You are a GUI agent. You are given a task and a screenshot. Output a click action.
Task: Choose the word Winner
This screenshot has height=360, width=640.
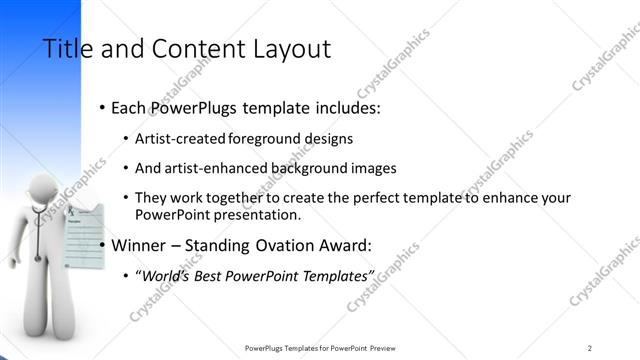[x=141, y=244]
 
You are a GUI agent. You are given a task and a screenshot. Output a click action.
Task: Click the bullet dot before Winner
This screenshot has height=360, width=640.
[x=103, y=245]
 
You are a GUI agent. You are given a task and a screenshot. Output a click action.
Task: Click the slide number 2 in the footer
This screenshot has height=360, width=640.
[x=590, y=347]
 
